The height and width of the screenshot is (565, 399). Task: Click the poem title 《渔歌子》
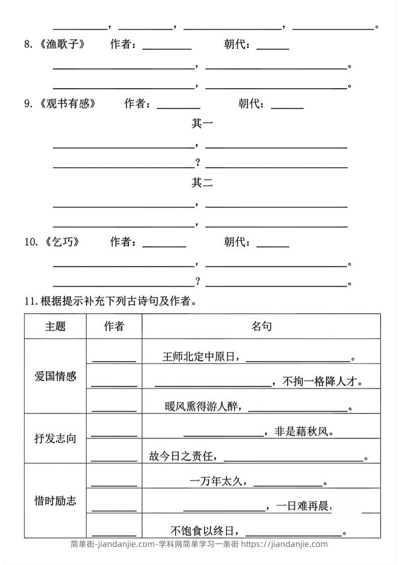click(x=62, y=45)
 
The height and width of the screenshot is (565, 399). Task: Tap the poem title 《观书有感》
click(x=67, y=104)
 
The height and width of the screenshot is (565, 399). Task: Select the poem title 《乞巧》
click(x=62, y=242)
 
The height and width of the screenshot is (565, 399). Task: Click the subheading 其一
click(x=202, y=123)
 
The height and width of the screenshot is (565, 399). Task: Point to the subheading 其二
click(x=202, y=183)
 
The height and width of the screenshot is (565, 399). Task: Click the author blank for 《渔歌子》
click(x=167, y=47)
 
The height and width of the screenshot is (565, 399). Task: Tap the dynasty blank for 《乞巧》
click(x=273, y=244)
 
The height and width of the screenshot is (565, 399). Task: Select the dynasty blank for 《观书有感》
click(x=287, y=106)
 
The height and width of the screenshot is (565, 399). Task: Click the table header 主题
click(x=55, y=326)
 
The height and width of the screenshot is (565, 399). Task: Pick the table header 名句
click(x=261, y=326)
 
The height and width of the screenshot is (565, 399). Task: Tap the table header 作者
click(x=114, y=326)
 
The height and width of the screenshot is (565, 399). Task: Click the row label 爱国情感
click(x=55, y=376)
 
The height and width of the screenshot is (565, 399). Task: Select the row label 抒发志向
click(x=55, y=438)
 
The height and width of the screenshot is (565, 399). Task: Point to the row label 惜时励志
click(x=55, y=501)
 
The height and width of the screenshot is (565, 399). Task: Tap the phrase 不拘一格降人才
click(x=322, y=382)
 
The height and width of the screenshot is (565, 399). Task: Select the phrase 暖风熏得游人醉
click(x=201, y=406)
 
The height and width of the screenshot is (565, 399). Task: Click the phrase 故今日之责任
click(x=183, y=457)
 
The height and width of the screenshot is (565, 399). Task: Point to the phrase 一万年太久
click(x=218, y=482)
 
